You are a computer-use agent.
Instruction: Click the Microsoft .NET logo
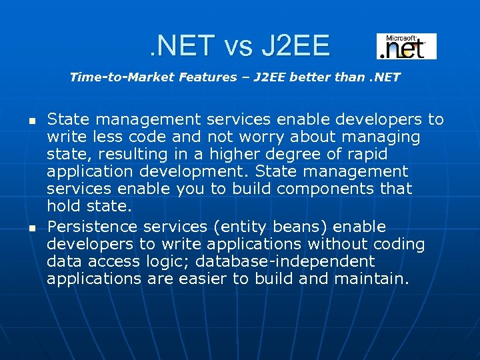406,47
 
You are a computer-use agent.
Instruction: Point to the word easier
203,279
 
